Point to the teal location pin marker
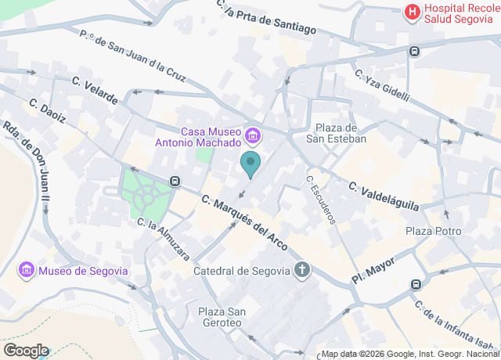tap(250, 164)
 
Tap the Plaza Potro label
tap(434, 231)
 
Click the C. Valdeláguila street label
tap(384, 196)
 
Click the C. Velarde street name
tap(95, 90)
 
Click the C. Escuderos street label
tap(321, 199)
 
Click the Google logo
tap(25, 350)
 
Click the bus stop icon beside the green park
tap(175, 182)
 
